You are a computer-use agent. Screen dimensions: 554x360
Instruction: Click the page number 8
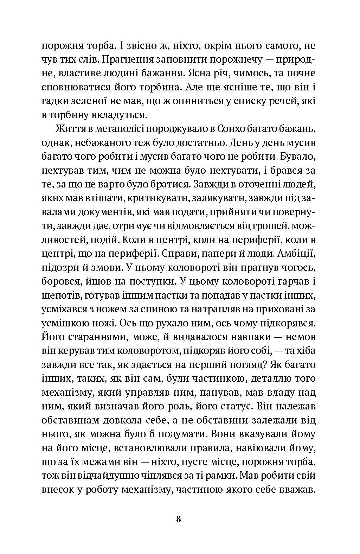[x=178, y=519]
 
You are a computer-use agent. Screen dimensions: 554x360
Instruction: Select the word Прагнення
[x=133, y=59]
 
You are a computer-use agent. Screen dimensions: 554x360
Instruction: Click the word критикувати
[x=155, y=199]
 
